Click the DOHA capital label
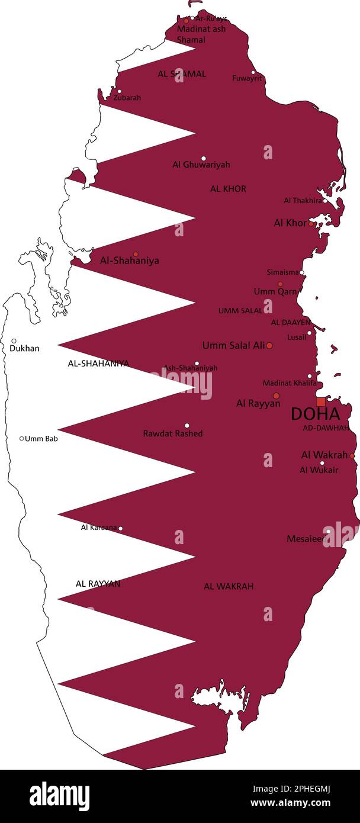tap(315, 414)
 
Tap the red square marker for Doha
tap(320, 401)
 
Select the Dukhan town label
tap(24, 348)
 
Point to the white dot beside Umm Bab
tap(22, 439)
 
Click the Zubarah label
tap(127, 98)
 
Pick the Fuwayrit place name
tap(247, 78)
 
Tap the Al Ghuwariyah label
tap(201, 165)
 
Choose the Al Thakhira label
tap(303, 201)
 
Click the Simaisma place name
tap(283, 272)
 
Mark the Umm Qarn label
tap(275, 291)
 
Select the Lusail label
tap(297, 337)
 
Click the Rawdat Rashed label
tap(173, 433)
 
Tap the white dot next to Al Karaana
tap(121, 528)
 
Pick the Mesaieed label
tap(306, 539)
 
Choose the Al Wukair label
tap(319, 470)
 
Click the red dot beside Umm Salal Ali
tap(269, 345)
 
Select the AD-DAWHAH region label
tap(326, 427)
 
